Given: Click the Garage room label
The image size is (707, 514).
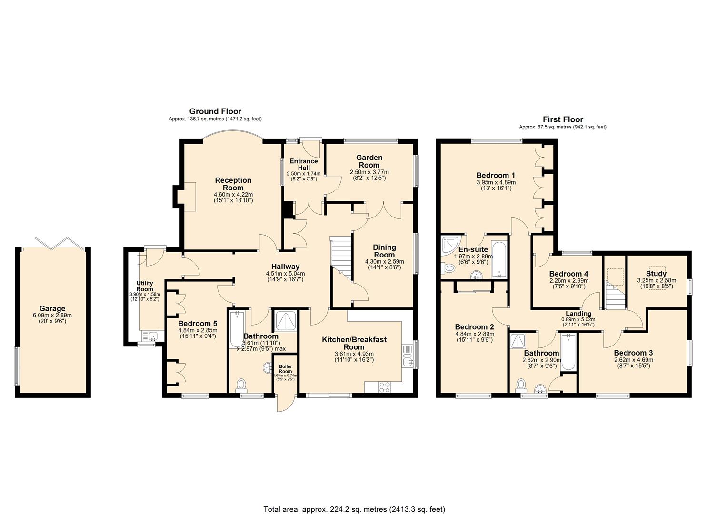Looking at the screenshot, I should (52, 308).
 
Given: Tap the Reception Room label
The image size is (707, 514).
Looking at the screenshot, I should (233, 184).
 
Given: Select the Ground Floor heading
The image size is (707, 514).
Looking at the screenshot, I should (215, 111).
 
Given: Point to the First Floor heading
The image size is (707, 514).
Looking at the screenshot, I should (563, 119).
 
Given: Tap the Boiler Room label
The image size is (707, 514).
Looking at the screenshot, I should (285, 368).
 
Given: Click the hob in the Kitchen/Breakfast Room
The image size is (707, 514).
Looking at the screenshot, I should (384, 387).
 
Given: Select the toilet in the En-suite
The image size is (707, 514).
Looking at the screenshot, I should (448, 268).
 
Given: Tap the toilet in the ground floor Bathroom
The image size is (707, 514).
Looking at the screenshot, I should (242, 384).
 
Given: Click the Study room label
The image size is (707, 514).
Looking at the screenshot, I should (656, 274).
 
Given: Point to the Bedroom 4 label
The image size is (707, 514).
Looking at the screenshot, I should (568, 274).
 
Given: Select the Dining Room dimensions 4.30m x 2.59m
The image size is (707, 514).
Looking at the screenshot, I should (384, 261).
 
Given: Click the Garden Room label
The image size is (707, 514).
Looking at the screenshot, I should (369, 161).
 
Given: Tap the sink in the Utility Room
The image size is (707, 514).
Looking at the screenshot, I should (152, 336).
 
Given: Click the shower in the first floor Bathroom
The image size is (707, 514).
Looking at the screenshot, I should (517, 341).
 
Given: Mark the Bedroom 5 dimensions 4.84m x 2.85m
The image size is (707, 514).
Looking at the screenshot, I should (198, 330).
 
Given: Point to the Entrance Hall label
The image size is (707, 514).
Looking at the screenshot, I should (303, 164).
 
